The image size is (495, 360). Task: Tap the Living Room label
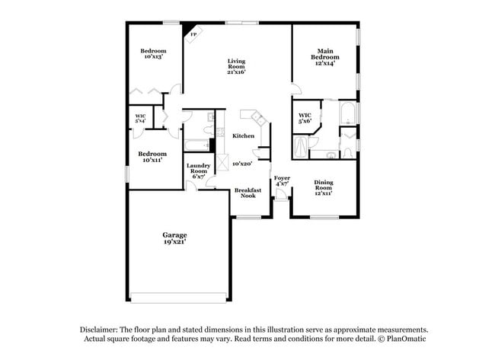[x=236, y=67]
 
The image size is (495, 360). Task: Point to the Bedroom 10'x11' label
[x=152, y=157]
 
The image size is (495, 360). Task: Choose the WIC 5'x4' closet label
[x=140, y=118]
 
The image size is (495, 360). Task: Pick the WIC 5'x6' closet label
[x=305, y=118]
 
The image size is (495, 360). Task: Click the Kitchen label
[x=243, y=136]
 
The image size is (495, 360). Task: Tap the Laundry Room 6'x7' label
[x=198, y=171]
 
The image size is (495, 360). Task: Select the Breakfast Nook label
[x=247, y=193]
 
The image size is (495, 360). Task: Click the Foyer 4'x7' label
[x=282, y=180]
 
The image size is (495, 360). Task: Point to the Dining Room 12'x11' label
[x=324, y=187]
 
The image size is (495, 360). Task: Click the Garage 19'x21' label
[x=174, y=237]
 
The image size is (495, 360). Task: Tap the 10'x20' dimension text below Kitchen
[x=242, y=164]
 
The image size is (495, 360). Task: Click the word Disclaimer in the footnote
[x=99, y=330]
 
